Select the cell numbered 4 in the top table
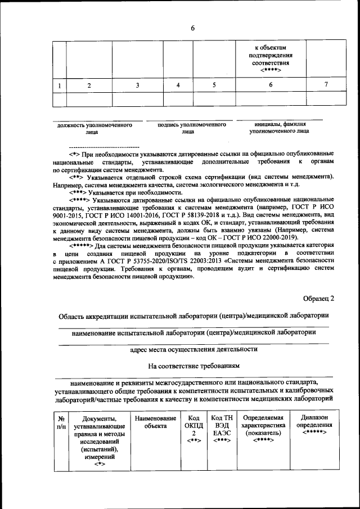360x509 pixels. [178, 85]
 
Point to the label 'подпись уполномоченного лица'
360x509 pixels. [188, 128]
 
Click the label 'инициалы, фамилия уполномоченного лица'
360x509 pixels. [279, 128]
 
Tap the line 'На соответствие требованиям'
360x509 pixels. [194, 366]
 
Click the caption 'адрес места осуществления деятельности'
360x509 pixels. [194, 349]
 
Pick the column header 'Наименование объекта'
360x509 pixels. [152, 422]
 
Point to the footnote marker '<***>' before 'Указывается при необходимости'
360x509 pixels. [79, 192]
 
